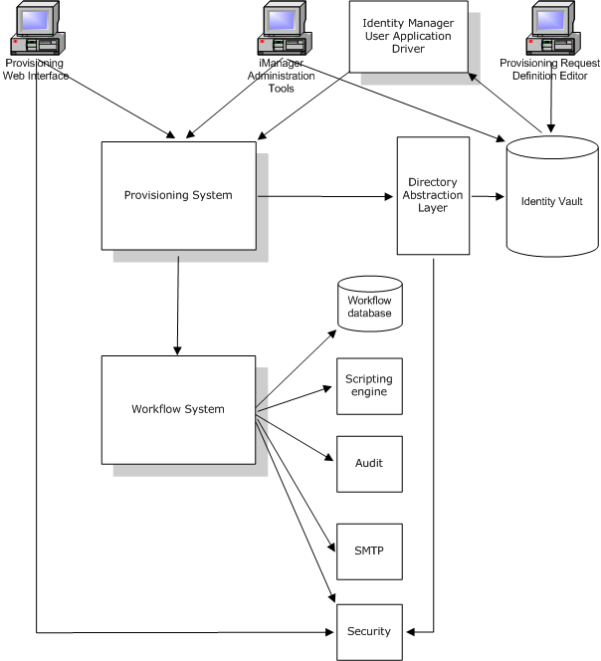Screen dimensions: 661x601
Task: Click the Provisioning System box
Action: [178, 195]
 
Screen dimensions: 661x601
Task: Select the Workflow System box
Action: [178, 408]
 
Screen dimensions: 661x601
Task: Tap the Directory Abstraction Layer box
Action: [432, 195]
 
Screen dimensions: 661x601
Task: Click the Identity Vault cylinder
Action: [551, 201]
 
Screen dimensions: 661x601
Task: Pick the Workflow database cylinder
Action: [369, 306]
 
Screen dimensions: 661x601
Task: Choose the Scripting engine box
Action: [369, 385]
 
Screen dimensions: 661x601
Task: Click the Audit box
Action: [369, 463]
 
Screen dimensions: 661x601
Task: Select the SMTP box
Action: [369, 551]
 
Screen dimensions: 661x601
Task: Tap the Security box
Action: [369, 631]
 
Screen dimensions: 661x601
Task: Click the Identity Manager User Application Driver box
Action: [408, 37]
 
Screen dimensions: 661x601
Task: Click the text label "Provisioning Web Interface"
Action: [38, 70]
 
